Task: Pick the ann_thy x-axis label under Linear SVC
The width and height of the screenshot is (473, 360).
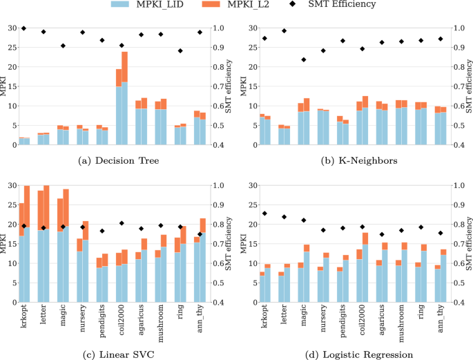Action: click(x=202, y=321)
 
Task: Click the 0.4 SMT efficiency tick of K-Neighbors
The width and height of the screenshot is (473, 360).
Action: click(x=456, y=146)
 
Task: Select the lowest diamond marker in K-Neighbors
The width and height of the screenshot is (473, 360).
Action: click(x=303, y=59)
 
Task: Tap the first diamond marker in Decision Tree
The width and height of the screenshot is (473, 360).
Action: click(x=24, y=28)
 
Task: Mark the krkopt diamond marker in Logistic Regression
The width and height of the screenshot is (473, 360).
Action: click(x=264, y=214)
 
